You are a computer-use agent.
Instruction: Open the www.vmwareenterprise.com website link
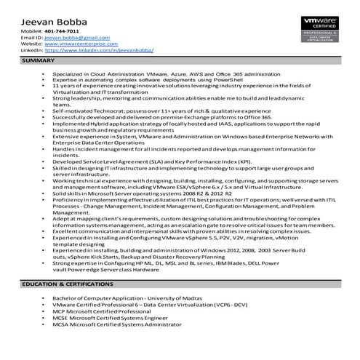coord(70,44)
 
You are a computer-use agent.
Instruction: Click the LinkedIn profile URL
coord(94,51)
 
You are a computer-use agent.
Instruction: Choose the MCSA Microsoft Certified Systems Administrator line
coord(124,326)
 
